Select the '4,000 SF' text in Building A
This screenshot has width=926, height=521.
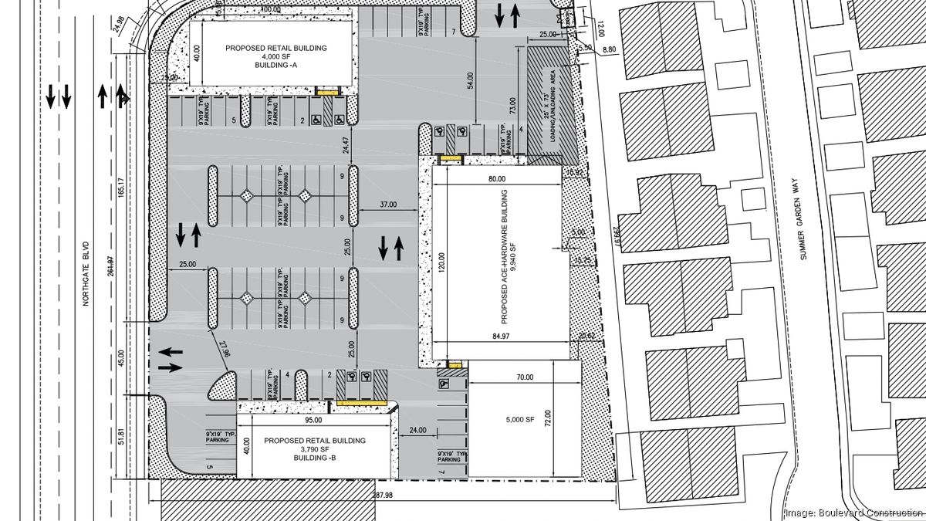point(275,57)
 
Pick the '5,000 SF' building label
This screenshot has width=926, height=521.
point(519,419)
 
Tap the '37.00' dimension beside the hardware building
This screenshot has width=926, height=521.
point(388,205)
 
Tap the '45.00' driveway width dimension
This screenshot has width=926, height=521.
point(121,360)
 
